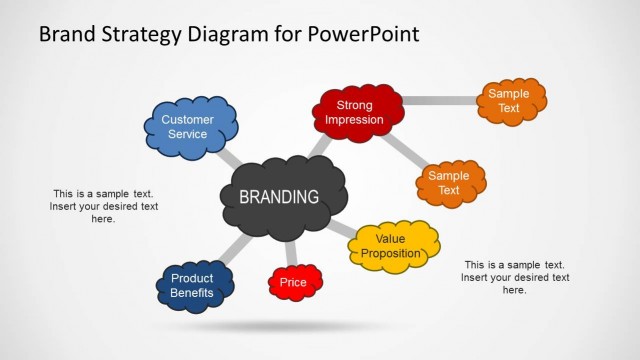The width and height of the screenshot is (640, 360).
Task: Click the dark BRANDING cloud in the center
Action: coord(283,198)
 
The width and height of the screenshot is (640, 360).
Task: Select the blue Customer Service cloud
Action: coord(191,127)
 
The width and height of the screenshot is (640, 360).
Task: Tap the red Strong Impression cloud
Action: coord(359,112)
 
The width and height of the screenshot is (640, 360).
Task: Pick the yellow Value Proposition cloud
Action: coord(396,246)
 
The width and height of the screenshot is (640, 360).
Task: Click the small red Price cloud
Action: coord(295,283)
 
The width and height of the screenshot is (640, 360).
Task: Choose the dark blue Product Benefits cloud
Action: coord(195,285)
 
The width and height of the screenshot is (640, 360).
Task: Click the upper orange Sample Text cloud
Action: coord(510,101)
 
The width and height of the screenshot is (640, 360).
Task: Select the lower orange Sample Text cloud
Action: coord(450,182)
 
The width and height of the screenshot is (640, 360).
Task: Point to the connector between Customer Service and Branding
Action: coord(229,159)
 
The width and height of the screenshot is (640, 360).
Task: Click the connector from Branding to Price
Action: coord(291,254)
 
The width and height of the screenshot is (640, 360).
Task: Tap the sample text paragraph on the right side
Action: coord(515,277)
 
